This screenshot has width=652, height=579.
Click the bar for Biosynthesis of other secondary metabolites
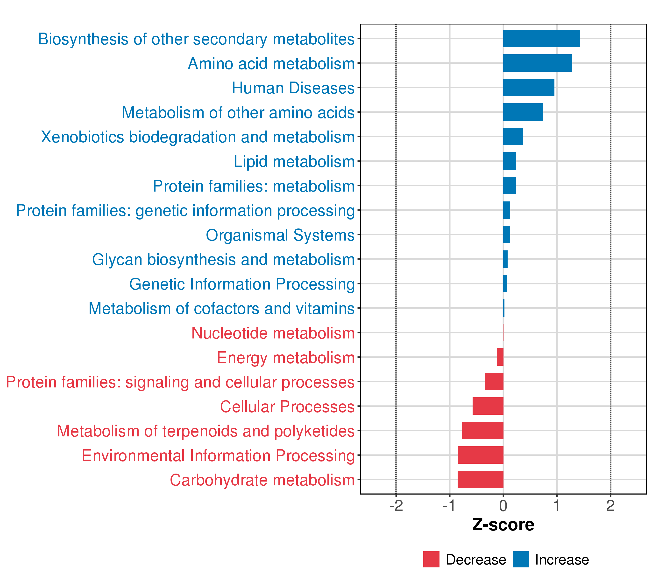(x=541, y=39)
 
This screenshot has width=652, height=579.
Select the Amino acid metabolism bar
(x=538, y=63)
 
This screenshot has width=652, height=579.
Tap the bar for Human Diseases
(x=529, y=88)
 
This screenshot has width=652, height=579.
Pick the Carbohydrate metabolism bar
(x=480, y=480)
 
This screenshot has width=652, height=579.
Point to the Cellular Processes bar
(x=488, y=406)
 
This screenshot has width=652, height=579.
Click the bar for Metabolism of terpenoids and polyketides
(x=483, y=430)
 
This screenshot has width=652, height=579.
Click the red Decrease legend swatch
(x=431, y=559)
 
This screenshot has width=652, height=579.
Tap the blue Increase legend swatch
(x=521, y=559)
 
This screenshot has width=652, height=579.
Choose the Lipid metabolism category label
(x=294, y=162)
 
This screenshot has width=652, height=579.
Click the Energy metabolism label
(x=286, y=358)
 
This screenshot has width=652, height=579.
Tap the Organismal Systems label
(x=280, y=235)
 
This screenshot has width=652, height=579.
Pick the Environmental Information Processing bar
(x=481, y=455)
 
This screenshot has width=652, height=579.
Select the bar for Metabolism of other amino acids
(x=523, y=112)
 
